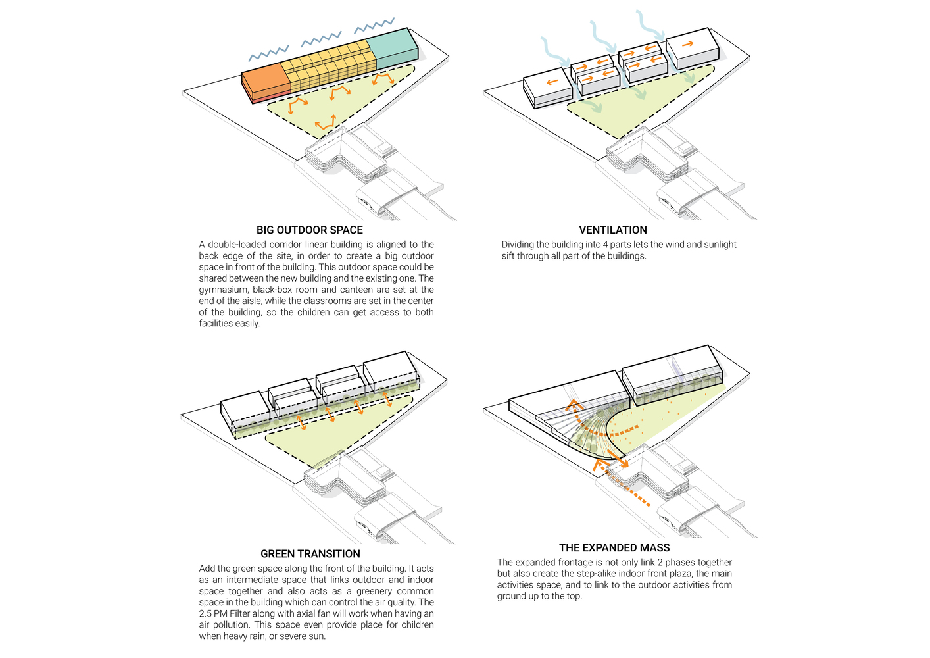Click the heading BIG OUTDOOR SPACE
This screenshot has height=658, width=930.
coord(310,230)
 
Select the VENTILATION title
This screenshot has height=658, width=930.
coord(613,230)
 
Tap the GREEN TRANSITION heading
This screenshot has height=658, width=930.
coord(310,554)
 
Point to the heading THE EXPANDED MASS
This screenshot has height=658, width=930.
coord(614,547)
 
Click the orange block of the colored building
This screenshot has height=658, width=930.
coord(266,83)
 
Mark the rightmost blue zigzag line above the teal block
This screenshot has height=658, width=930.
coord(374,26)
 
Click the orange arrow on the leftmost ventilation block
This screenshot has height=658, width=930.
coord(552,82)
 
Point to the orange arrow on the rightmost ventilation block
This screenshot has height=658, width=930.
coord(687,44)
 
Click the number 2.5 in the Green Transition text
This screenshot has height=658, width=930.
coord(207,613)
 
